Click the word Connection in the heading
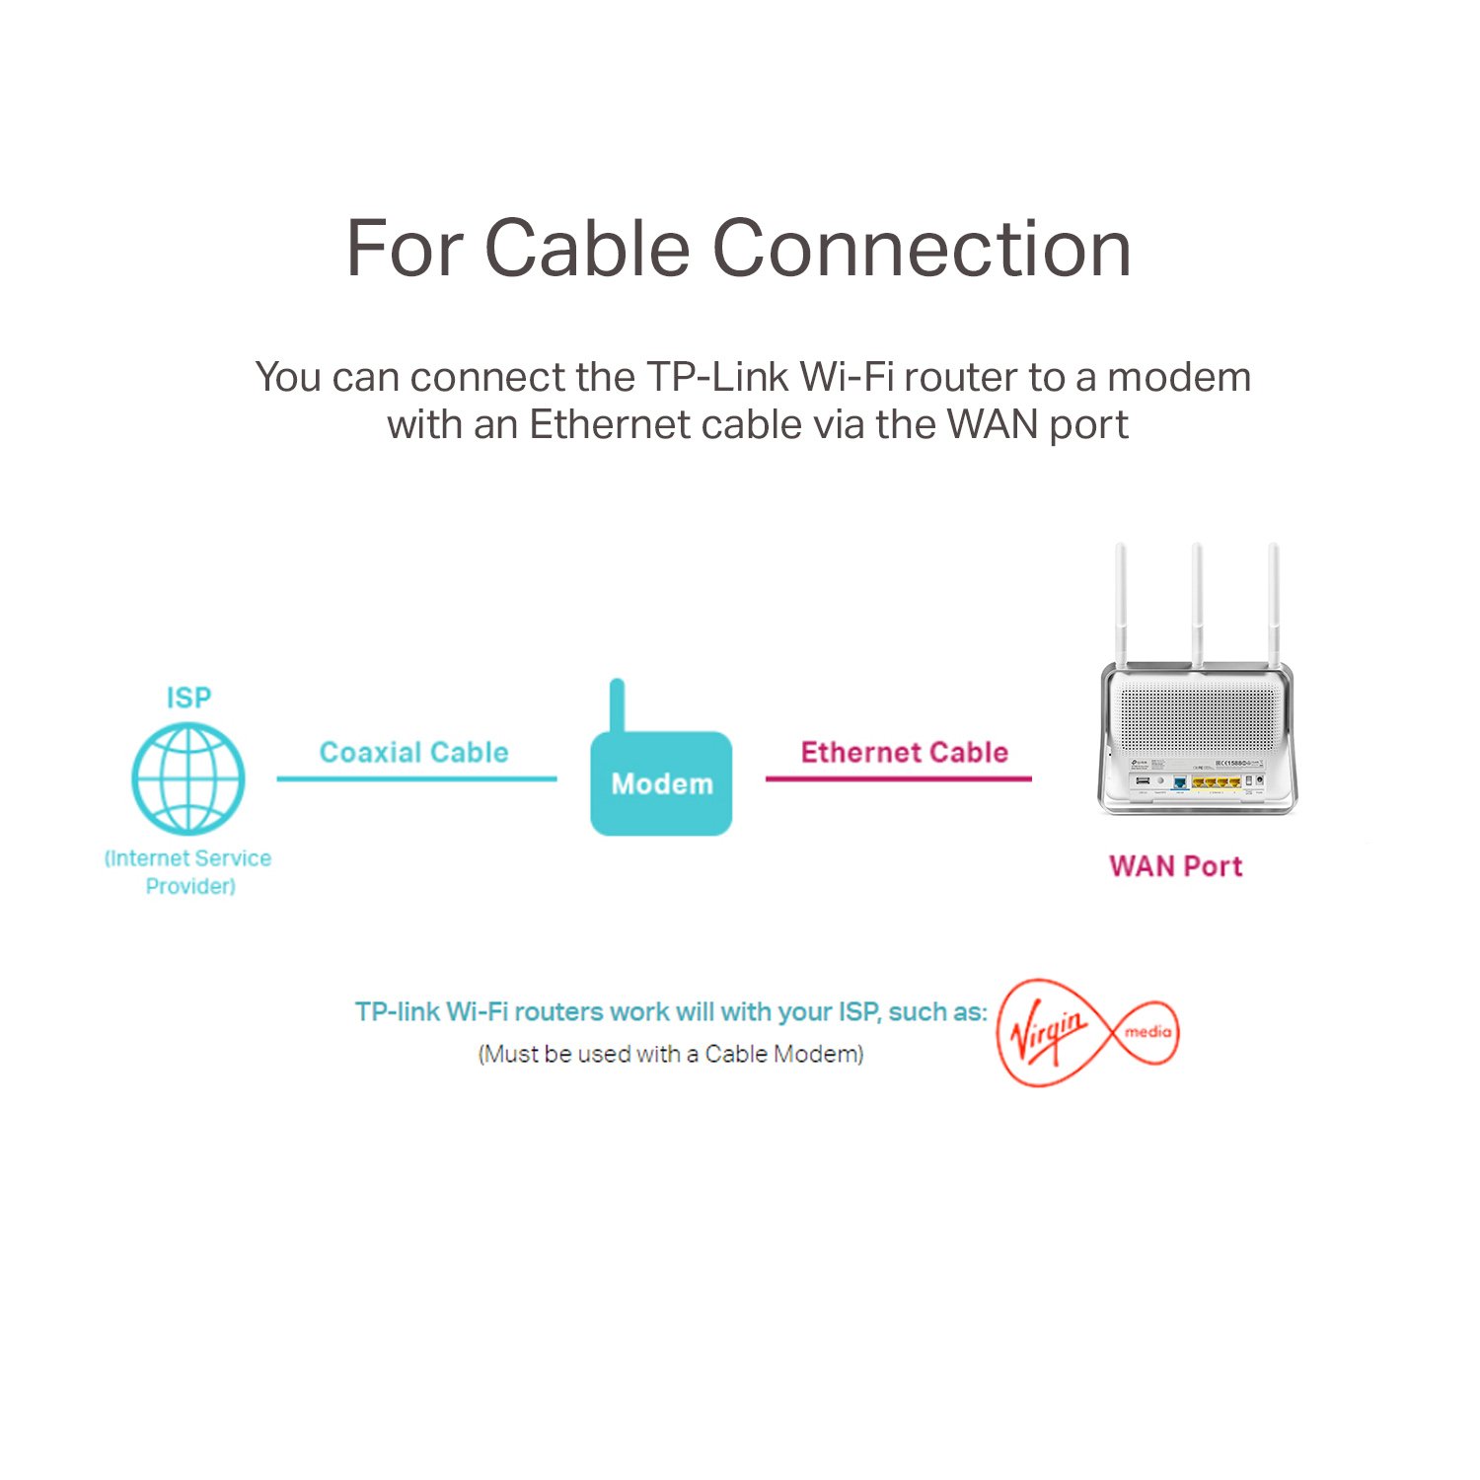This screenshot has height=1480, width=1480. point(922,249)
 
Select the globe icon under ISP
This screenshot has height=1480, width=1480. point(187,778)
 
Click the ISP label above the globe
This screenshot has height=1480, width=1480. point(188,698)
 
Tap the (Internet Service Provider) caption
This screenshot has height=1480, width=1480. point(188,872)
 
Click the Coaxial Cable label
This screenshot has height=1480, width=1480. point(413,753)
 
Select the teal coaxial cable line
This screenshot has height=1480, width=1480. point(416,778)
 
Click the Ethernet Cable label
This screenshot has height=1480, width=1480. point(904,753)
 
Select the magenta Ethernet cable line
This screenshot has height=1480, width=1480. point(898,778)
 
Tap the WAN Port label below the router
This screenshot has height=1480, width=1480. point(1175,866)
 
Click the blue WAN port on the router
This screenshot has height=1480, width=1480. point(1179,783)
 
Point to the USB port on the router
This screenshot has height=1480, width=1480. point(1143,782)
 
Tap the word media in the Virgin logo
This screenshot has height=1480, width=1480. point(1147,1032)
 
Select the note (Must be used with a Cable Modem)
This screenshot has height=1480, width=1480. point(671,1054)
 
